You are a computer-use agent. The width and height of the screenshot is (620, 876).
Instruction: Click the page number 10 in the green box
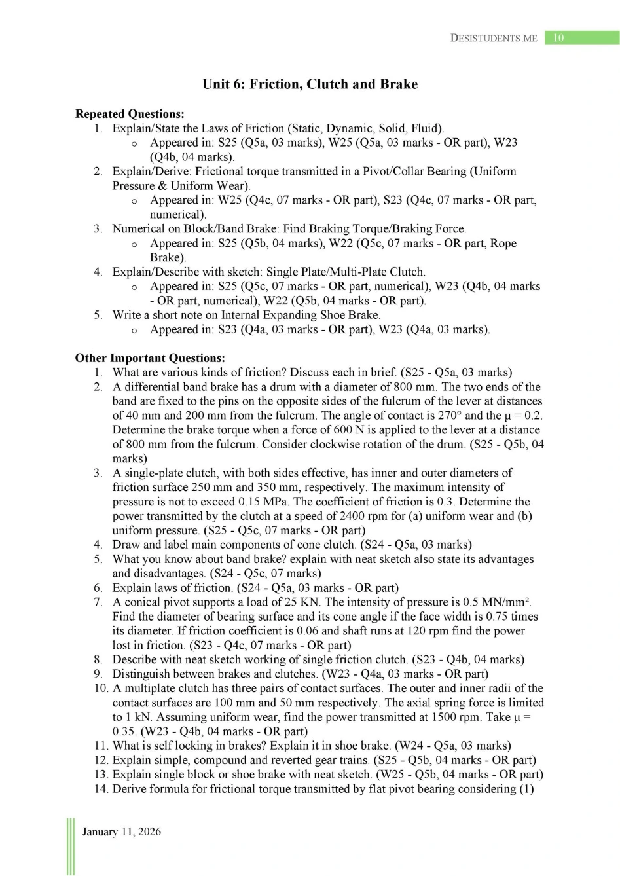click(558, 38)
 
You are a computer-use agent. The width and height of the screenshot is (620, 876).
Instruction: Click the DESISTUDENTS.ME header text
click(494, 38)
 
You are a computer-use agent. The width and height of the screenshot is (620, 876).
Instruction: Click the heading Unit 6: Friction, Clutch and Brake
click(310, 84)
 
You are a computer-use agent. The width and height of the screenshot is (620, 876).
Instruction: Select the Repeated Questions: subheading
click(130, 114)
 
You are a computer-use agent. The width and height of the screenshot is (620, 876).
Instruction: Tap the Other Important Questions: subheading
click(150, 358)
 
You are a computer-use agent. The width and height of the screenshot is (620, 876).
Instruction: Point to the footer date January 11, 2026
click(121, 831)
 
